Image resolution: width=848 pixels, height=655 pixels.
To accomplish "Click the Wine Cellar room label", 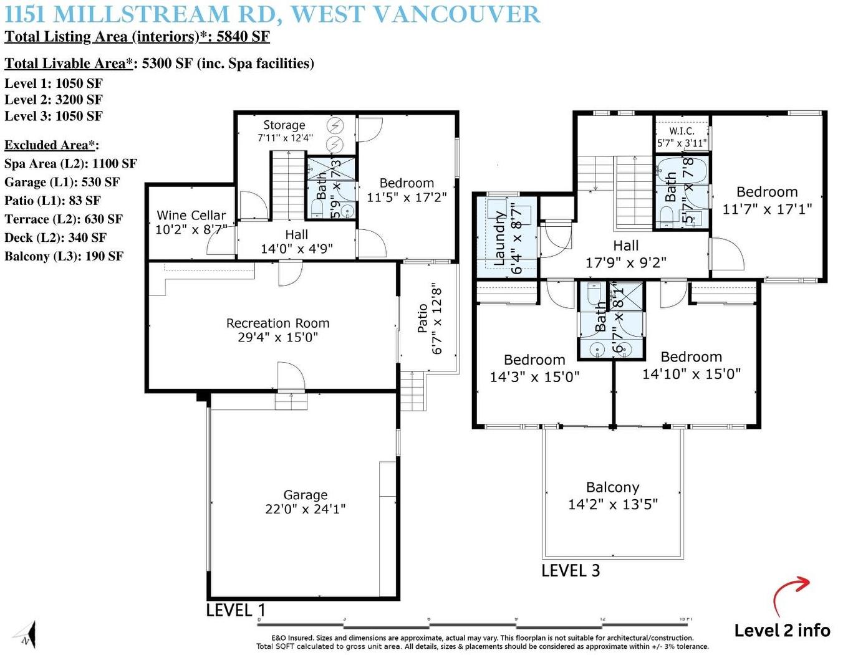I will click(191, 222).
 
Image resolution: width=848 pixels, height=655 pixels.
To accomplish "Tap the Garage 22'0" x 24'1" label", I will click(305, 502).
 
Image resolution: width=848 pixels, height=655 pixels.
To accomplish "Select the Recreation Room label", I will click(277, 330).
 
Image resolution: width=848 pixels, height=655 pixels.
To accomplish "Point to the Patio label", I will click(430, 318).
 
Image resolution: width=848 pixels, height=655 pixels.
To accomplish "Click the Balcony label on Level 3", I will click(612, 495).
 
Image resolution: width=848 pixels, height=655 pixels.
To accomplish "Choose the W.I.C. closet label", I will click(682, 136).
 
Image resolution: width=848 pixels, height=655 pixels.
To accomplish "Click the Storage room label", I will click(284, 130).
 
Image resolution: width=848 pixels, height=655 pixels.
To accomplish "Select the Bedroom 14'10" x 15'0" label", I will click(691, 365).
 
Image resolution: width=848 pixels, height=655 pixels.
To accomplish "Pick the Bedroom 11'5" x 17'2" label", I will click(407, 190).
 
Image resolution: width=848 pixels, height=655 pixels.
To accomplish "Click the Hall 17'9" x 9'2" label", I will click(625, 254).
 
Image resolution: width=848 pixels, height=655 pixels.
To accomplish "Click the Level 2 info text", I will click(782, 630).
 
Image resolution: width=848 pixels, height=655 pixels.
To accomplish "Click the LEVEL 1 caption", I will click(236, 610).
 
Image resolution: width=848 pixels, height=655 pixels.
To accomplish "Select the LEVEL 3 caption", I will click(571, 571).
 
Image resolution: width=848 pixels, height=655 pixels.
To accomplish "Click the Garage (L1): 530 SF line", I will click(62, 182).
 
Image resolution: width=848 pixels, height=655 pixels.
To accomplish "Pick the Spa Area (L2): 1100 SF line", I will click(70, 163).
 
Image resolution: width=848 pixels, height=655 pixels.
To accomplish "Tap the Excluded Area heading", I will click(51, 145).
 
